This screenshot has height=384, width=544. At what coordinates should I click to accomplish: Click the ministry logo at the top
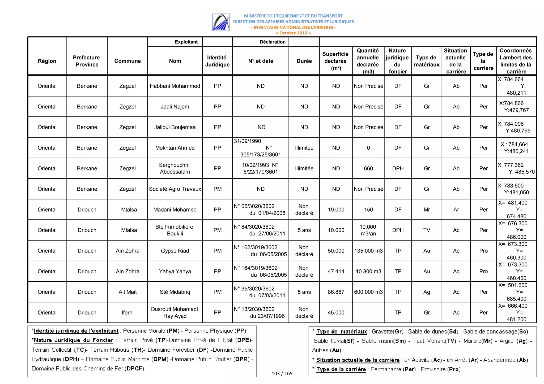221,22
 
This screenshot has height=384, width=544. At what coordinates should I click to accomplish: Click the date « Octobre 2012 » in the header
293,33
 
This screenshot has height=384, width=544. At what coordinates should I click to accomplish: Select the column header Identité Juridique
217,61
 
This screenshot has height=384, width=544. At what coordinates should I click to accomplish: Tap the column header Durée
304,61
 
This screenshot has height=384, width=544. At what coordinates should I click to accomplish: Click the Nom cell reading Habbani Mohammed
175,86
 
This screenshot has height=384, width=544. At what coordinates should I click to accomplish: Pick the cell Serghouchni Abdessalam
175,168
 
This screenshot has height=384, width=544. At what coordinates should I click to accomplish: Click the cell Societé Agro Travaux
175,189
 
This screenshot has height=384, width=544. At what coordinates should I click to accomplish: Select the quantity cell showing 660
368,168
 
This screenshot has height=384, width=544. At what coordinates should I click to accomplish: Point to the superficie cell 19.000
336,210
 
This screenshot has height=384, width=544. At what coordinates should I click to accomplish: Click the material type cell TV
426,230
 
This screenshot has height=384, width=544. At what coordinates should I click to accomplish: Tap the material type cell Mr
426,210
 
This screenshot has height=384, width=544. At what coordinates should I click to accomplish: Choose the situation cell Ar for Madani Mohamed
456,210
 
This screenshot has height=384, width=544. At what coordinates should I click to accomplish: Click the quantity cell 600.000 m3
368,292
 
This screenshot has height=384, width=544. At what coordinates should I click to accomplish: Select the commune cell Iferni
127,312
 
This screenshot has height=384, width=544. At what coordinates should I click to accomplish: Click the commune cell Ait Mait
127,292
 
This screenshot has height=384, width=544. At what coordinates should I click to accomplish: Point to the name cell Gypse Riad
175,251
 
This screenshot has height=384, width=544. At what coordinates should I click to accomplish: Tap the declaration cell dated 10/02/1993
260,168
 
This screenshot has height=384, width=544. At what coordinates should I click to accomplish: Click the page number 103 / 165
282,373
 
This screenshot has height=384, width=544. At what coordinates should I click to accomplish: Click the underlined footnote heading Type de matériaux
341,331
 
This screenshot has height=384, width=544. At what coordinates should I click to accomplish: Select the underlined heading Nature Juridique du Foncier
73,340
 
